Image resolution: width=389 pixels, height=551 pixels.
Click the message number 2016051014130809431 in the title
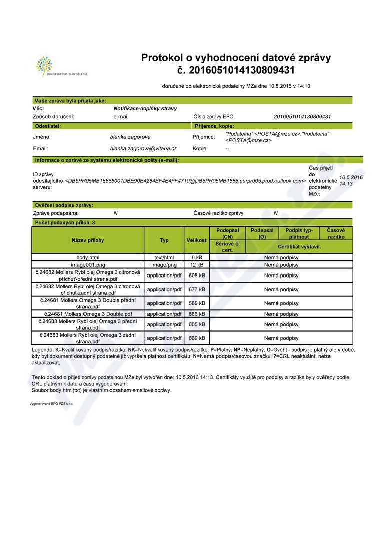(236, 70)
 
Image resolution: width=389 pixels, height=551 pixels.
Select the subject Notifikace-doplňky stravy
(145, 108)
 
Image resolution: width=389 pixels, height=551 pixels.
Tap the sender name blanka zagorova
(130, 136)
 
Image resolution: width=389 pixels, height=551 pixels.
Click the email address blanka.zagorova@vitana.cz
(143, 148)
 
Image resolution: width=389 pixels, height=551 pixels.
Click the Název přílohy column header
(88, 240)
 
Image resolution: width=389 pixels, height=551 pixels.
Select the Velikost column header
(197, 240)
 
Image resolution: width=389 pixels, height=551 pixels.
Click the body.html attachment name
(88, 257)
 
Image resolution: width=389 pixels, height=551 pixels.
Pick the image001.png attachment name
(88, 264)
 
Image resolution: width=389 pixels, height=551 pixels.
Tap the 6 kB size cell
(197, 257)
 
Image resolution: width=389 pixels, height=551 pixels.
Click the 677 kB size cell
(197, 289)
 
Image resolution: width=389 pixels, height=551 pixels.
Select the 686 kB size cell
(197, 314)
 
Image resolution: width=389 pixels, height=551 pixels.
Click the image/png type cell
(164, 264)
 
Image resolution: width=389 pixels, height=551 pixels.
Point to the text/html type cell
(164, 257)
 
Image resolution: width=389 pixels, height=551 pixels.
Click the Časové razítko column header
(336, 233)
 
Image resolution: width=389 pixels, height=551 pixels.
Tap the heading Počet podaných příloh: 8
(65, 222)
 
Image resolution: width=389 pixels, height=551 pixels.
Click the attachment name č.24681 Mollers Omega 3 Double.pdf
(88, 314)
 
